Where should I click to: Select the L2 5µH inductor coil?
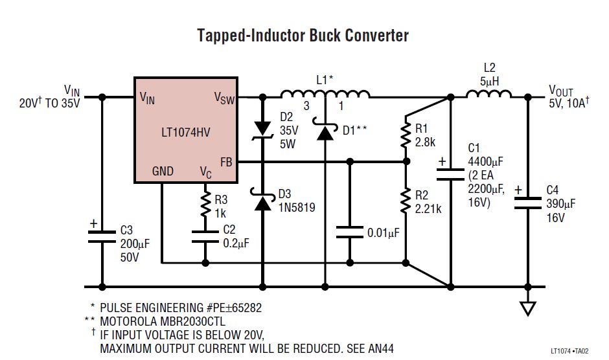[488, 95]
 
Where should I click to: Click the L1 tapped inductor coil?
[324, 95]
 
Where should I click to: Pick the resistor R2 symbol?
[405, 201]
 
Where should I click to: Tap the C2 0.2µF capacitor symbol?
[205, 238]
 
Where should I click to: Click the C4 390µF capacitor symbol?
[528, 202]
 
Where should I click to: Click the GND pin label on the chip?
[162, 172]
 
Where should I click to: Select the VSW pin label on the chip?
[224, 98]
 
